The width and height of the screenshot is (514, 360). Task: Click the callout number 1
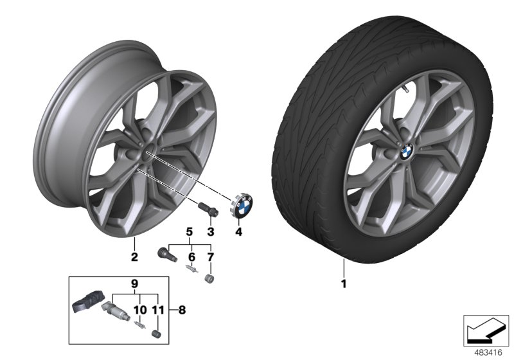[x=344, y=283]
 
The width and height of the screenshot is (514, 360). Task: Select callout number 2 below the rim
[x=134, y=258]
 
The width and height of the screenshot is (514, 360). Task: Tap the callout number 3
[x=209, y=231]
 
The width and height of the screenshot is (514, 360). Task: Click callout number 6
[x=190, y=257]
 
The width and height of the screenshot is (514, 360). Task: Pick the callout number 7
[x=209, y=257]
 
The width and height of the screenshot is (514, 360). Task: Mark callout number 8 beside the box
[x=182, y=309]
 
